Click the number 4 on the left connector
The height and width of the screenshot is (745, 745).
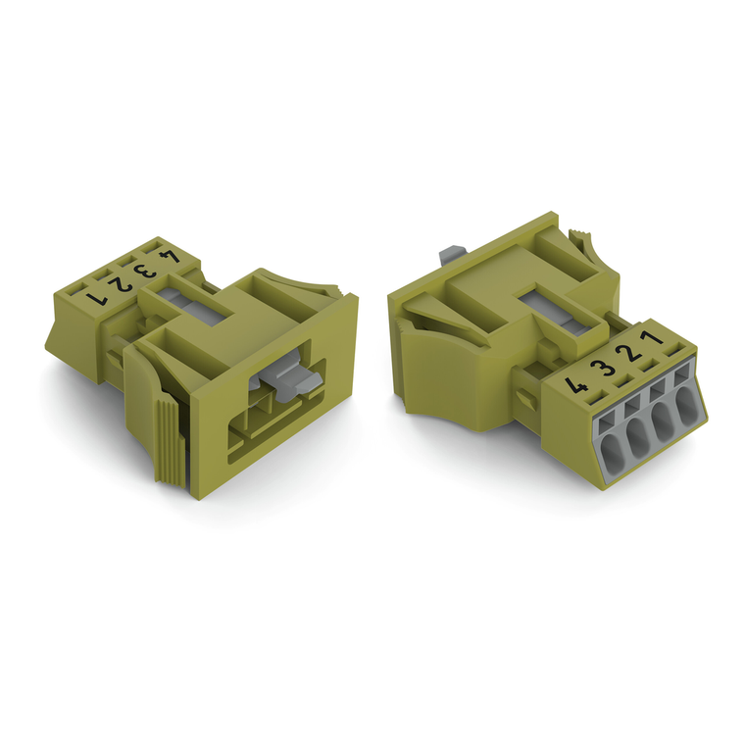point(170,257)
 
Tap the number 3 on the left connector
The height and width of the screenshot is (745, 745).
point(147,270)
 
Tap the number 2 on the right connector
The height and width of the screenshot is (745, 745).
point(635,355)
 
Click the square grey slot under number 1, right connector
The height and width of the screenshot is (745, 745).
point(678,374)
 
